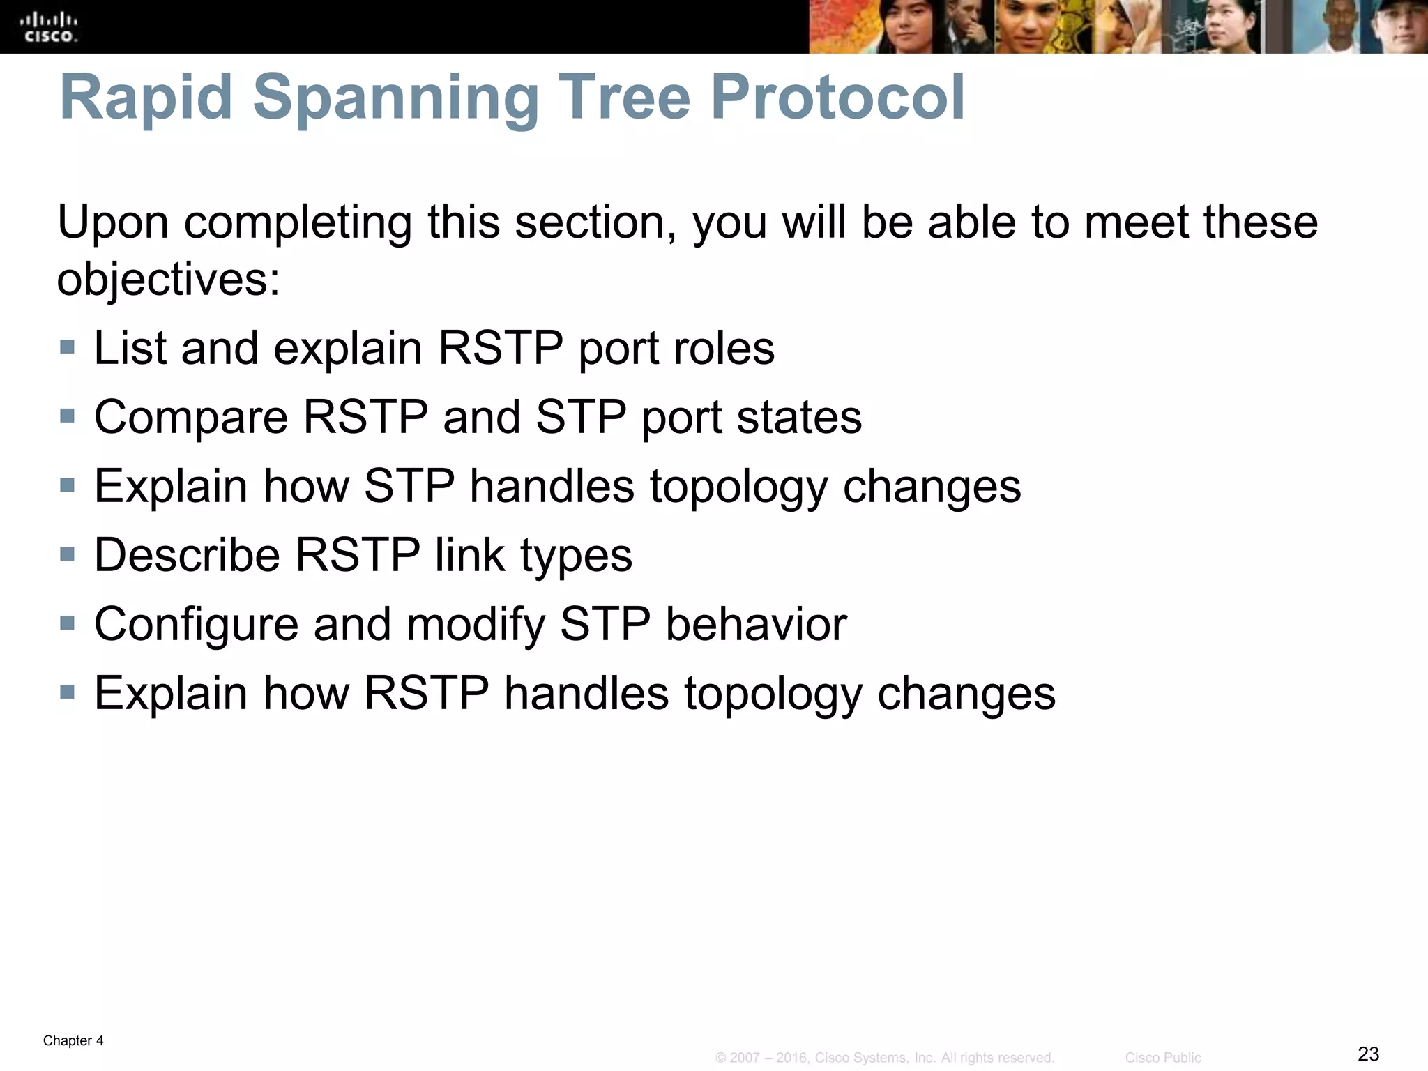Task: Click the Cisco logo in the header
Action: tap(49, 27)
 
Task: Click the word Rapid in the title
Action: tap(146, 98)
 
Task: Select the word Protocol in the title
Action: tap(837, 98)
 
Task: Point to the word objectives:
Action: tap(168, 280)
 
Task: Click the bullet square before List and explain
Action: tap(67, 347)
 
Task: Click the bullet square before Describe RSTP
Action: tap(67, 554)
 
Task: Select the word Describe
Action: tap(187, 555)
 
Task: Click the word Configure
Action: tap(196, 625)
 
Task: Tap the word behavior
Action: tap(756, 624)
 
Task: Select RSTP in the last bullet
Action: tap(426, 693)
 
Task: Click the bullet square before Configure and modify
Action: tap(67, 623)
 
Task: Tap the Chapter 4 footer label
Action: tap(73, 1041)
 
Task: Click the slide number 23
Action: tap(1368, 1054)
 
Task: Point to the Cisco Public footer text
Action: tap(1162, 1058)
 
